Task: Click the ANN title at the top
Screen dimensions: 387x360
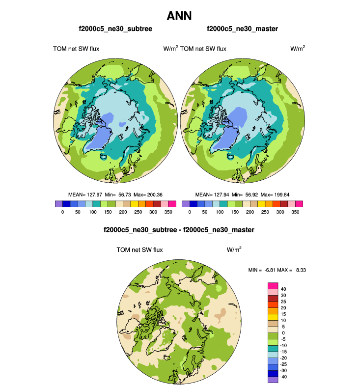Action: pos(179,16)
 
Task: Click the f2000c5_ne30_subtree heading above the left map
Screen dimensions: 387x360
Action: pos(115,29)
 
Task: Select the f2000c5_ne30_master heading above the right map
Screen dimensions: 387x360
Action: pos(243,29)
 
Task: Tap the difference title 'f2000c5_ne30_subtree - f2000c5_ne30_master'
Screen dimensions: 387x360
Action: pos(179,229)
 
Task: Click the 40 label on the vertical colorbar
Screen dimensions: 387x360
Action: pos(283,289)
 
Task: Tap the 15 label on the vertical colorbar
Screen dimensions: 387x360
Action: pos(283,314)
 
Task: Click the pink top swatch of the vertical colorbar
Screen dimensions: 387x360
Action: pos(273,285)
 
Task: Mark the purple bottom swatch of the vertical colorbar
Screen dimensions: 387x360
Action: pos(273,379)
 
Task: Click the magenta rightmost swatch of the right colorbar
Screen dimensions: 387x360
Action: pos(299,204)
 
